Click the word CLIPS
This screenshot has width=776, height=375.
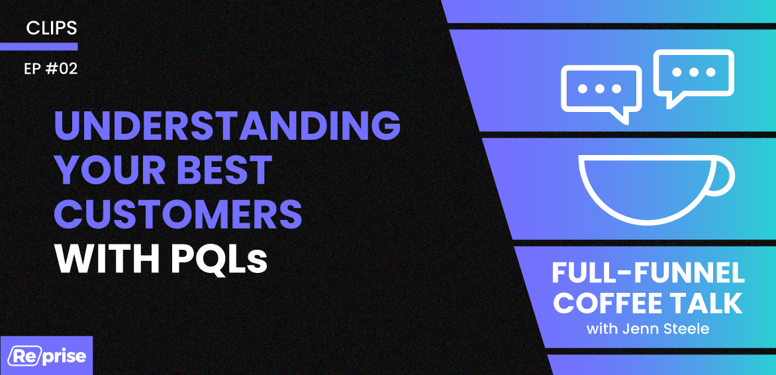click(x=52, y=28)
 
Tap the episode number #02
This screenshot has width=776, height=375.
click(x=62, y=69)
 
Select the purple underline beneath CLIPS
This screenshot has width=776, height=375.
click(x=38, y=46)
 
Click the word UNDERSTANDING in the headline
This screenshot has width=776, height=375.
click(x=227, y=126)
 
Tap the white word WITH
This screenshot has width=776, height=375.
click(x=107, y=259)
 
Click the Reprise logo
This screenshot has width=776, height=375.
click(x=46, y=356)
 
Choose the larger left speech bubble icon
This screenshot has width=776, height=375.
click(x=601, y=90)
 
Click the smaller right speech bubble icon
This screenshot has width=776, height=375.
click(x=693, y=74)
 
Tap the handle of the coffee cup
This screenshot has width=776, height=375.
click(x=724, y=176)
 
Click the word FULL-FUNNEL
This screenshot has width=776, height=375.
click(x=648, y=274)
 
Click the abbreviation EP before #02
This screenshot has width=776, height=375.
click(x=32, y=69)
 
